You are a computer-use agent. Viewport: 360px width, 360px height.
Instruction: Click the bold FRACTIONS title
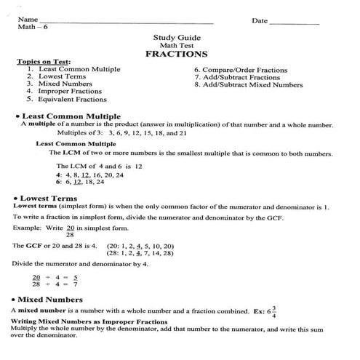pyautogui.click(x=176, y=54)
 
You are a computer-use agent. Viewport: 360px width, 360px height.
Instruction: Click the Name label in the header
pyautogui.click(x=28, y=20)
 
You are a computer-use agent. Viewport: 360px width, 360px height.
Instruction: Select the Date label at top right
pyautogui.click(x=260, y=20)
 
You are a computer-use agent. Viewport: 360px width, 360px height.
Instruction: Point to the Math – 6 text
pyautogui.click(x=31, y=27)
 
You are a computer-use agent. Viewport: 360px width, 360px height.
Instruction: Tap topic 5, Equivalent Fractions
pyautogui.click(x=66, y=100)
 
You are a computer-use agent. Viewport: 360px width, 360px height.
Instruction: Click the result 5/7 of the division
pyautogui.click(x=75, y=281)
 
